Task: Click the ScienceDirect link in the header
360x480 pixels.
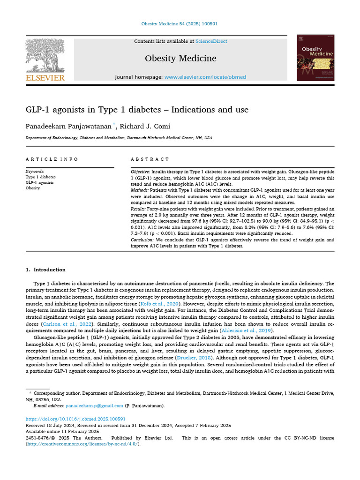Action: (x=211, y=41)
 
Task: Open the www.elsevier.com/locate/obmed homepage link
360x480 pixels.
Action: (x=205, y=77)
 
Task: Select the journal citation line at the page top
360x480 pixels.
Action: (x=180, y=24)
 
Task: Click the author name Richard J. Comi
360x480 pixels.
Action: (x=147, y=126)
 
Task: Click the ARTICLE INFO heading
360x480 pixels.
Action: (x=52, y=159)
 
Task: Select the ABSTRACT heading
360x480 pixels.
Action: (x=150, y=159)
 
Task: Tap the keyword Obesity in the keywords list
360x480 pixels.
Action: (x=33, y=188)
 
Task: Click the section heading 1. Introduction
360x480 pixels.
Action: (x=45, y=270)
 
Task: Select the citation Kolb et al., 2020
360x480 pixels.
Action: (x=164, y=304)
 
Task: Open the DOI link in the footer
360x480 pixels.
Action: (x=75, y=419)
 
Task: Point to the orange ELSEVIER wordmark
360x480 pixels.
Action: (x=45, y=77)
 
